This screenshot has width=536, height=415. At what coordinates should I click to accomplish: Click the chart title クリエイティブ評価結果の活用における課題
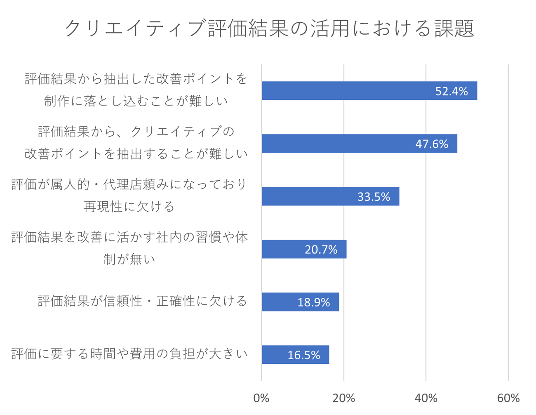tap(269, 29)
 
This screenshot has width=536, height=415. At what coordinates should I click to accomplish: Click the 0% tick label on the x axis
tap(261, 398)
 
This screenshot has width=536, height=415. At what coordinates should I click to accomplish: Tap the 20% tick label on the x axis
tap(343, 398)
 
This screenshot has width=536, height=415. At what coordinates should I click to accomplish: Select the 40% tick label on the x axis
tap(426, 398)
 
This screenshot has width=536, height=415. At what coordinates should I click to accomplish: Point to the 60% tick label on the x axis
tap(508, 398)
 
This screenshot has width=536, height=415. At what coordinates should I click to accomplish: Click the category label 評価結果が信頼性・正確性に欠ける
tap(143, 302)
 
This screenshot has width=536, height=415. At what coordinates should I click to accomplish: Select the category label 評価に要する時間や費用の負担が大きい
tap(129, 354)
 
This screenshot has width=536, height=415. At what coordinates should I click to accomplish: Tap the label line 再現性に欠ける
tap(129, 207)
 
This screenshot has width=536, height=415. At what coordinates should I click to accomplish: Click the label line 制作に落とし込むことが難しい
tap(136, 101)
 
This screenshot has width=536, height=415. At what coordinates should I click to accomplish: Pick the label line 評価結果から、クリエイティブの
tap(136, 132)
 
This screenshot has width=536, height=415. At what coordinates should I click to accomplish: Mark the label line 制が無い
tap(129, 259)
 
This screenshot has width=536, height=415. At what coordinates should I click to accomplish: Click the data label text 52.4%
tap(451, 91)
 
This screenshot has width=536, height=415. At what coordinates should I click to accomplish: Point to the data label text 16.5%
tap(304, 355)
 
